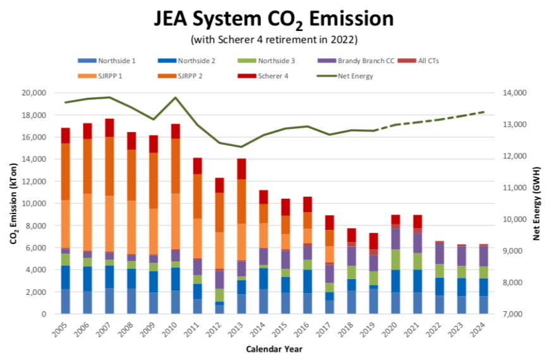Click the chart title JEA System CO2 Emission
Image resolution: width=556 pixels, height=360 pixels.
274,19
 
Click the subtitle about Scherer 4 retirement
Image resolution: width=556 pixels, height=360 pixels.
274,40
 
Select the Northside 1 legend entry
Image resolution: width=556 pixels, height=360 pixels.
116,61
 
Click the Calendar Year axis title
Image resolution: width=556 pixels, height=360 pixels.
274,348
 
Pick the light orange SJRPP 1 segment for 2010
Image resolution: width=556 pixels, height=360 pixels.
175,221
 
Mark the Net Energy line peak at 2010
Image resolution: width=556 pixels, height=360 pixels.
175,97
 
